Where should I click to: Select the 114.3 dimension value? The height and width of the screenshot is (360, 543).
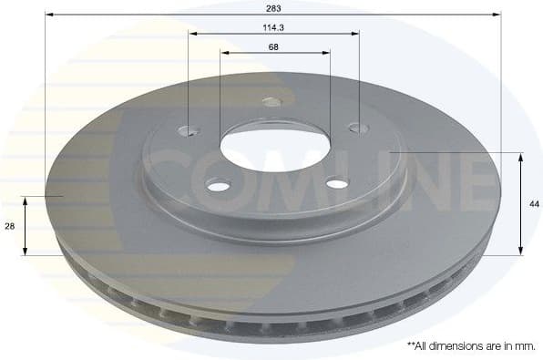(274, 27)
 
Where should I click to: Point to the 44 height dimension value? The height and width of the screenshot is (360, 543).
(534, 204)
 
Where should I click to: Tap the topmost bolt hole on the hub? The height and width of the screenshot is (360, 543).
(271, 101)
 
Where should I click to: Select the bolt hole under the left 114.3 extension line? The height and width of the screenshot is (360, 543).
(189, 129)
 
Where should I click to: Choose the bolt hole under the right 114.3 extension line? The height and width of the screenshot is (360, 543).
(358, 128)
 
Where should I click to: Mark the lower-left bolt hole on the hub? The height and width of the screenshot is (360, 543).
(219, 186)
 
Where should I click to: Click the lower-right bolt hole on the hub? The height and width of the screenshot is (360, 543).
(337, 183)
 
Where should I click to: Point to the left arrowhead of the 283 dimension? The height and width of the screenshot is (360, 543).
(49, 15)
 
